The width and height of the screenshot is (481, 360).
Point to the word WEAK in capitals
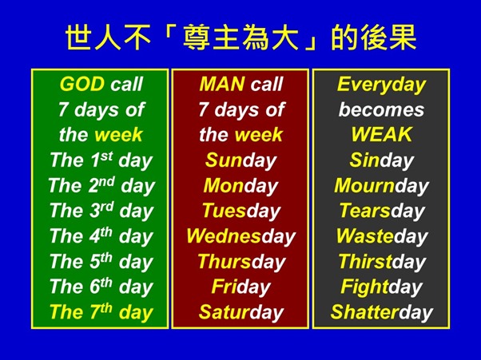(381, 135)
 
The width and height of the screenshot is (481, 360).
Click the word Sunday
(240, 160)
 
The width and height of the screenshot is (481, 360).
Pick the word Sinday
(381, 160)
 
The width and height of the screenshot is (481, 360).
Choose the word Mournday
(381, 186)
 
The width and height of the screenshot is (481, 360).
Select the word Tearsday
(381, 211)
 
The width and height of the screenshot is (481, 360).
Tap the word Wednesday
(240, 236)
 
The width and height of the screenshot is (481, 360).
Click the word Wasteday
(381, 236)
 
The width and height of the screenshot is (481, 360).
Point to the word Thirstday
(381, 262)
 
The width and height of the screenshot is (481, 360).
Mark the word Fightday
(381, 287)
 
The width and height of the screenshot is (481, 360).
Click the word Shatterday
(381, 312)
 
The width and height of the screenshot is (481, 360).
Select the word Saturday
(240, 312)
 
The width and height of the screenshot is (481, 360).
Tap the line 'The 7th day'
(100, 312)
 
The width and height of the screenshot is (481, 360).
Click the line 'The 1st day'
(100, 160)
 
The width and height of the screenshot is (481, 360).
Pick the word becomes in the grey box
(381, 110)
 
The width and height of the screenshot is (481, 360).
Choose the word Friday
(240, 287)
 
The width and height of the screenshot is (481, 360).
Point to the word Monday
(240, 186)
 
